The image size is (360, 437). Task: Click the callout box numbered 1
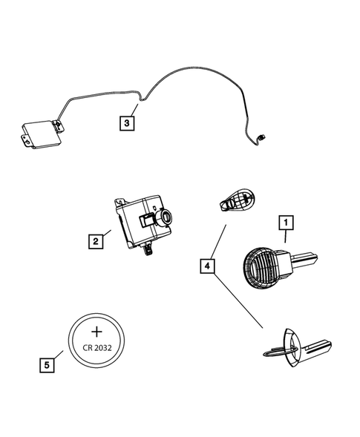point(284,221)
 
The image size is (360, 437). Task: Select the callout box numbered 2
point(95,240)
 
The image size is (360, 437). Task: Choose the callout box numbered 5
point(48,364)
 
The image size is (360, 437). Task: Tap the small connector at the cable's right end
point(261,137)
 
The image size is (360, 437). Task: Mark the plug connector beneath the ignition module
point(150,249)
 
